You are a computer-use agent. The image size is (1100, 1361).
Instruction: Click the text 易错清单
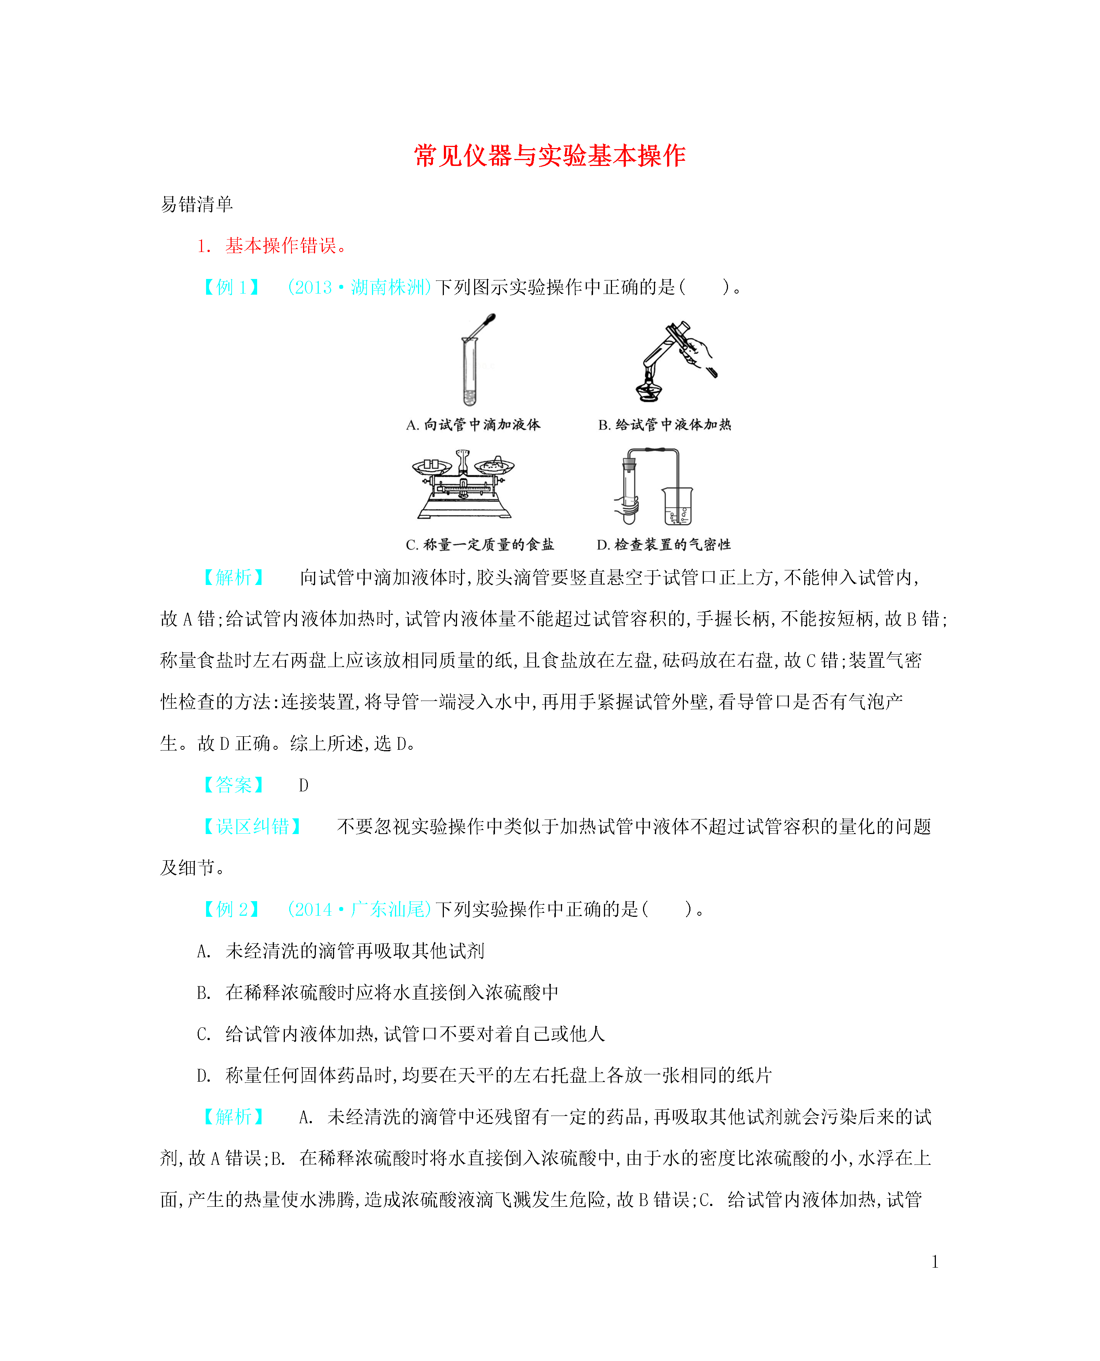pyautogui.click(x=197, y=204)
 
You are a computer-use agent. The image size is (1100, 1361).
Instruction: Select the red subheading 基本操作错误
pyautogui.click(x=280, y=246)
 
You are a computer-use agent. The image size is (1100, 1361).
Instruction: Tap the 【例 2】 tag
pyautogui.click(x=231, y=909)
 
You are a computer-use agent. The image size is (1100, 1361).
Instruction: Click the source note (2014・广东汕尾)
pyautogui.click(x=359, y=909)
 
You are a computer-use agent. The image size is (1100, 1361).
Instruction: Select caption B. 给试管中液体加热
pyautogui.click(x=664, y=424)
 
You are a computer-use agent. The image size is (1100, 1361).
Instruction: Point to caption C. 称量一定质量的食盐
pyautogui.click(x=480, y=544)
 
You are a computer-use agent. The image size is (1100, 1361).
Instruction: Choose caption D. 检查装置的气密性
pyautogui.click(x=663, y=544)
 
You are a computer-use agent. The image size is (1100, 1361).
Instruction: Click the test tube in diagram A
pyautogui.click(x=469, y=374)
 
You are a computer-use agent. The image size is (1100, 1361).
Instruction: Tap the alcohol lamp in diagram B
pyautogui.click(x=649, y=388)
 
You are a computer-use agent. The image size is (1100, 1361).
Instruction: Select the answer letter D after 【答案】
pyautogui.click(x=303, y=786)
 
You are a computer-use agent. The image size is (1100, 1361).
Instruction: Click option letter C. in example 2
pyautogui.click(x=204, y=1034)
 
